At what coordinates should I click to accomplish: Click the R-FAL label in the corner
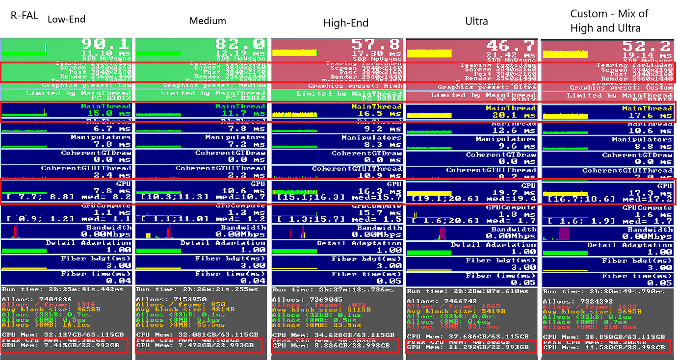[x=23, y=15]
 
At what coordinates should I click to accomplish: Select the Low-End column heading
[x=66, y=20]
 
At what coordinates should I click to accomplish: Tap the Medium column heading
[x=208, y=21]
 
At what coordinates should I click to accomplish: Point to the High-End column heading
[x=346, y=23]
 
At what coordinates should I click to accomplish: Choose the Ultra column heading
[x=476, y=21]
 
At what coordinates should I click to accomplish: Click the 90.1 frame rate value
[x=106, y=44]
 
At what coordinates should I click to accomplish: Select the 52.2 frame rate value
[x=647, y=46]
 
